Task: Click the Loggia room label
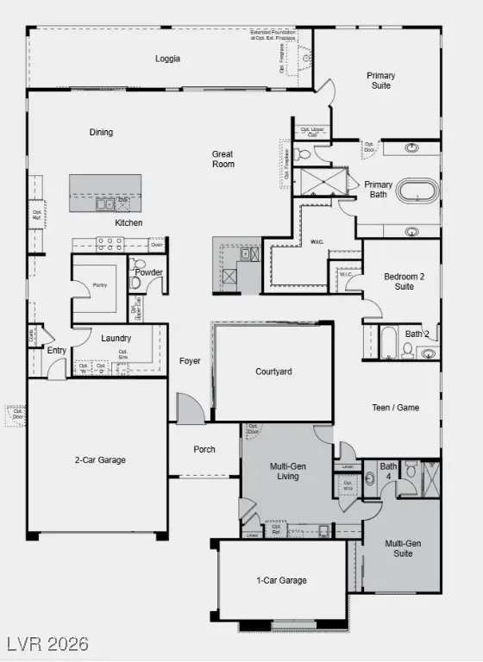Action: [167, 59]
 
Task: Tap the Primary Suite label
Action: [380, 81]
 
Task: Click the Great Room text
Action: [223, 159]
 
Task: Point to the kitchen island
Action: [105, 192]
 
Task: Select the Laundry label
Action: [116, 339]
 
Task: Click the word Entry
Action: [57, 350]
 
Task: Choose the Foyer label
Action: [190, 361]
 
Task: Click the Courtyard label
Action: [274, 372]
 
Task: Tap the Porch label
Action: [204, 449]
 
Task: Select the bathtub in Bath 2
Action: [387, 343]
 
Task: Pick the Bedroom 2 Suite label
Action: [404, 282]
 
